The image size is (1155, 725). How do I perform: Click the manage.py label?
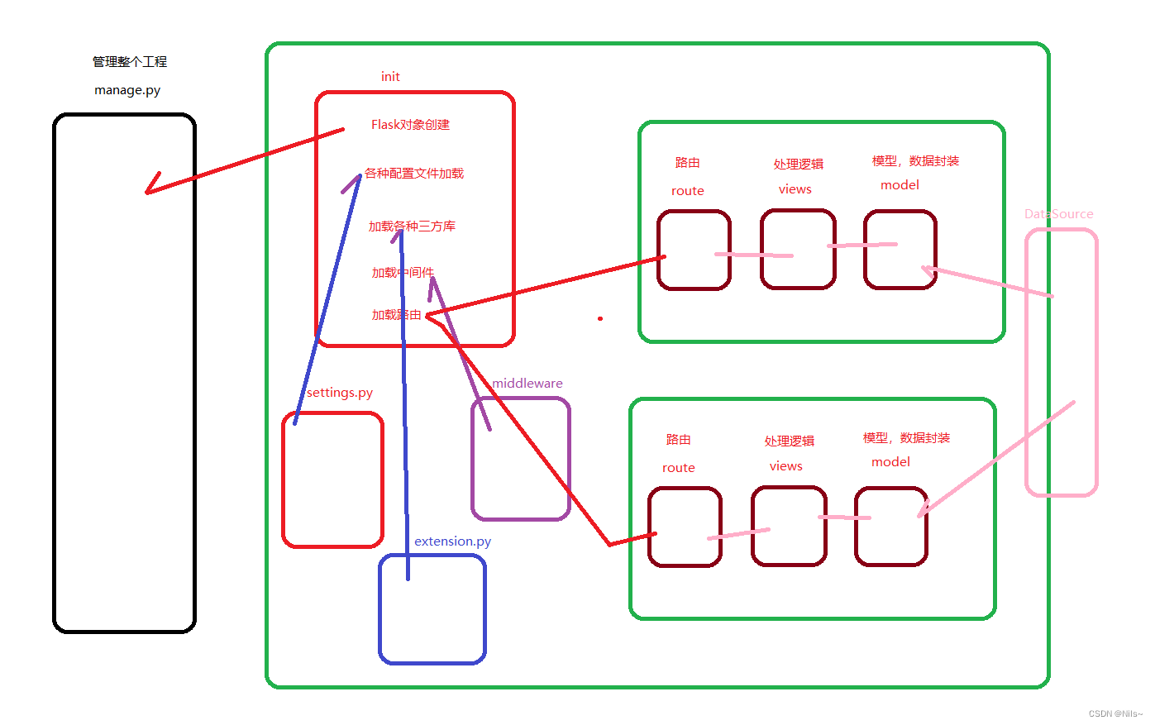pyautogui.click(x=127, y=90)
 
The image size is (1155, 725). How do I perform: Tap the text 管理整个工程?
pyautogui.click(x=130, y=62)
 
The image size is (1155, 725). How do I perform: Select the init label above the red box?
pyautogui.click(x=390, y=77)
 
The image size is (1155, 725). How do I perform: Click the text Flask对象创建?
pyautogui.click(x=410, y=125)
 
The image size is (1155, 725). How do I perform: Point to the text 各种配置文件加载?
pyautogui.click(x=414, y=174)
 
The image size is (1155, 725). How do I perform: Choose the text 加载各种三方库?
pyautogui.click(x=412, y=227)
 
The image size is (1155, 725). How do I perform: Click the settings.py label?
pyautogui.click(x=340, y=393)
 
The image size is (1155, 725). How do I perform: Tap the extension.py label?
pyautogui.click(x=452, y=541)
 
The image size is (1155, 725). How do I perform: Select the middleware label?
pyautogui.click(x=527, y=384)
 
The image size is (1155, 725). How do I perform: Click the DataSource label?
pyautogui.click(x=1058, y=214)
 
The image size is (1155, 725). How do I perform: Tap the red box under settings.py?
pyautogui.click(x=332, y=488)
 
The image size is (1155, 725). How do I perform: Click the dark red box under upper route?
pyautogui.click(x=694, y=250)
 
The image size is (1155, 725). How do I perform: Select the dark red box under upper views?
pyautogui.click(x=798, y=250)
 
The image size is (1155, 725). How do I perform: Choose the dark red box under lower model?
pyautogui.click(x=890, y=527)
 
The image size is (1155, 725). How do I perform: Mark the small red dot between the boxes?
pyautogui.click(x=600, y=318)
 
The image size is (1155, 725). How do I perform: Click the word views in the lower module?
pyautogui.click(x=785, y=466)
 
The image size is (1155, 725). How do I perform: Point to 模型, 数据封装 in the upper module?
pyautogui.click(x=915, y=161)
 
